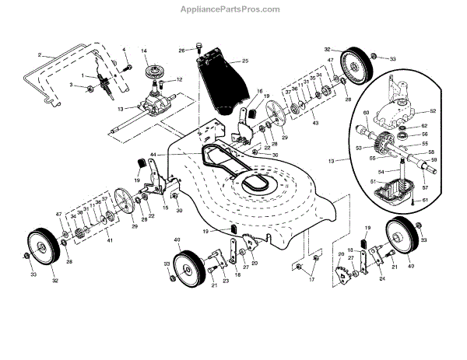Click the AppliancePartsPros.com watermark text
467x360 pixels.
point(233,9)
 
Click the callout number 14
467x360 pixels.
point(144,52)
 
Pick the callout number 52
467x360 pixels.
point(434,110)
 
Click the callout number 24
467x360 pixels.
point(381,278)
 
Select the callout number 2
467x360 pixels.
point(39,56)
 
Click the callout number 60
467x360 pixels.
point(363,113)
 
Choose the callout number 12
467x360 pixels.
point(179,80)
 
